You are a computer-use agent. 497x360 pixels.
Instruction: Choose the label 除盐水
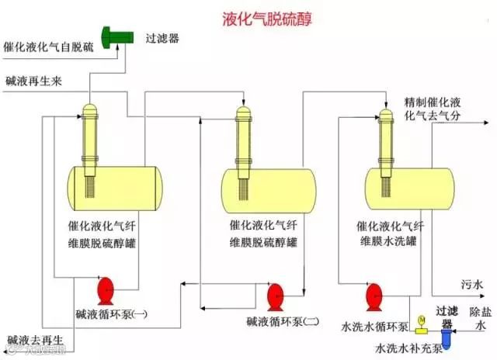(477, 318)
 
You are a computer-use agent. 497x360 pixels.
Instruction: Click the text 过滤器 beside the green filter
(162, 37)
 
